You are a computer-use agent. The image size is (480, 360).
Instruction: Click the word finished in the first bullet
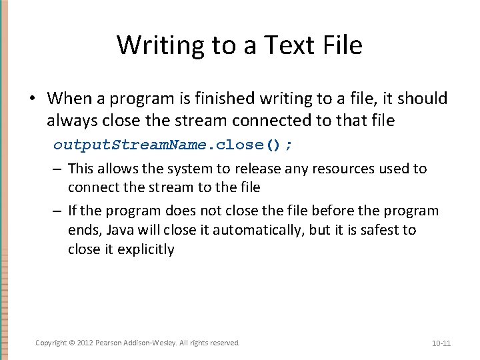click(221, 99)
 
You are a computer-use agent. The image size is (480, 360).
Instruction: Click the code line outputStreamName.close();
click(173, 145)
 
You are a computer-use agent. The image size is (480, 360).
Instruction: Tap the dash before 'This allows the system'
click(58, 169)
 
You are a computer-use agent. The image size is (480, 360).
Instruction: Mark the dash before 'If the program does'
click(58, 211)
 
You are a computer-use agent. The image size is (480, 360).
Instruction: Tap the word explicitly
click(146, 249)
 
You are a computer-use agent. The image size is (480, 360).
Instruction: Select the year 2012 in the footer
click(85, 343)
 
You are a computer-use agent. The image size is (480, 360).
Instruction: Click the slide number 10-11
click(441, 343)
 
